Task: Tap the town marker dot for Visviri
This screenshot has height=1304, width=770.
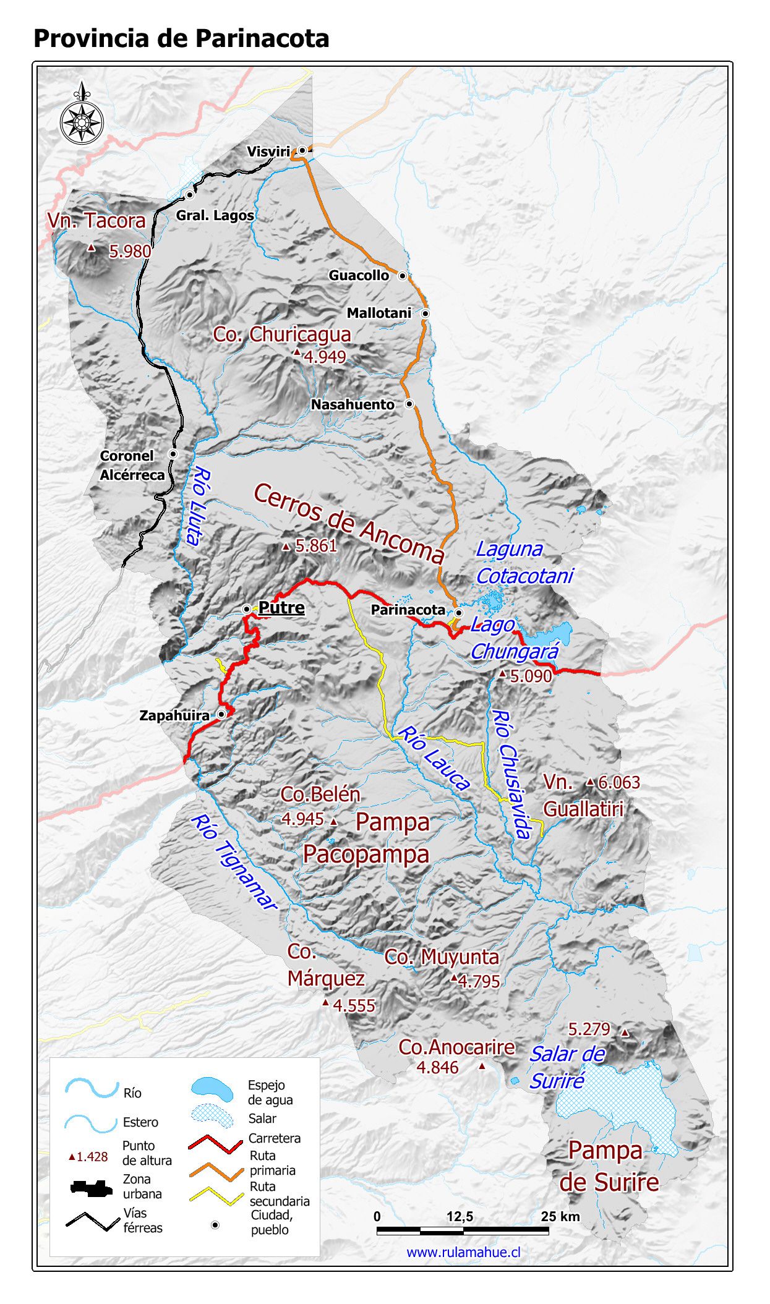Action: pos(302,150)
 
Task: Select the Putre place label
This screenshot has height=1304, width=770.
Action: pos(281,608)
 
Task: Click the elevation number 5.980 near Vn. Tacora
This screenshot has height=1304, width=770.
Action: pos(130,252)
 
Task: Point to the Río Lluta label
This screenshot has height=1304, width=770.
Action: pos(197,506)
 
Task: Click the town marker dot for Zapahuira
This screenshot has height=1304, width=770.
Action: pos(221,714)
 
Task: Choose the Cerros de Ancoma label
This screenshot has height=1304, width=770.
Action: pos(349,523)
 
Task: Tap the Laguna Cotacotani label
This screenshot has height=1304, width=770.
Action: pos(524,563)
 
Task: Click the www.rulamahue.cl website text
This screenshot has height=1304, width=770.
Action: pos(463,1252)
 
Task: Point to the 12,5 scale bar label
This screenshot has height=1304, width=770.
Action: pos(460,1217)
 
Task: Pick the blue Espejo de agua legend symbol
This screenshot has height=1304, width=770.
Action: pos(212,1089)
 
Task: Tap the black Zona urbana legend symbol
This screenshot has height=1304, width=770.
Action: pos(91,1187)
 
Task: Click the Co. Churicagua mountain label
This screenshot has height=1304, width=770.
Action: pos(282,335)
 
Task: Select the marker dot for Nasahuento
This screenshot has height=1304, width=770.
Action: pos(409,404)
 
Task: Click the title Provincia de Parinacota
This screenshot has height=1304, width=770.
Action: pos(181,38)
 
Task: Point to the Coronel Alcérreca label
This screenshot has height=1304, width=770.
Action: pos(132,466)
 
